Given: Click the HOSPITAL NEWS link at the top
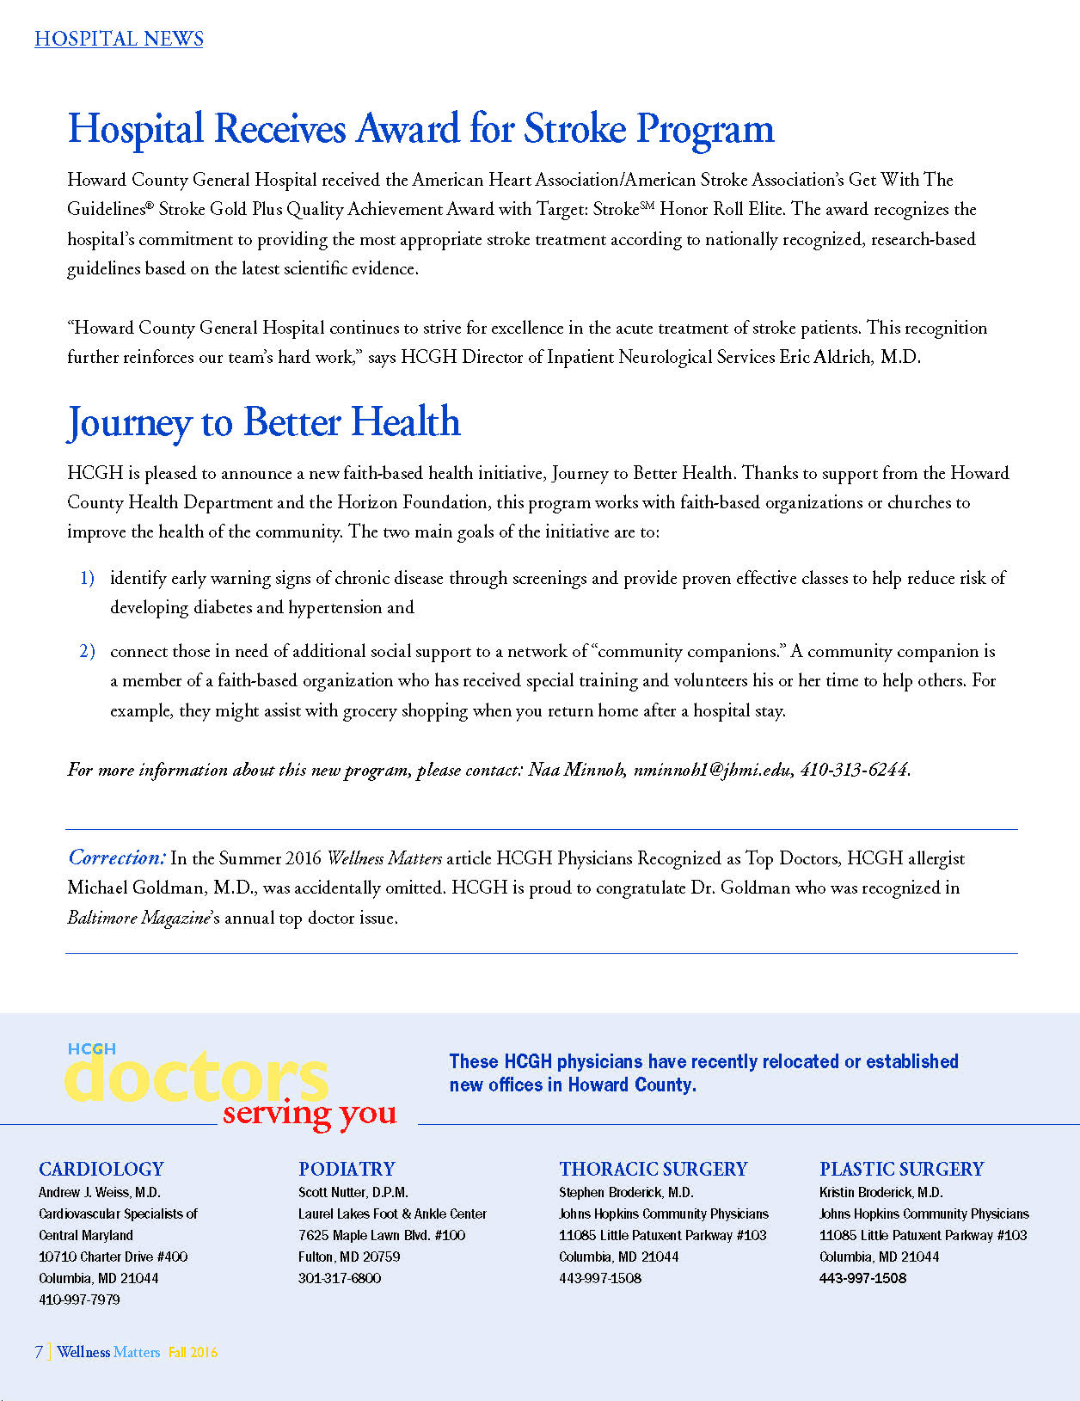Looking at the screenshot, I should tap(119, 39).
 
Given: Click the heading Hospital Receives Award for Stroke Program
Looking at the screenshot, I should tap(420, 129).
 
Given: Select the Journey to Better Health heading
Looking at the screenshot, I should tap(264, 422).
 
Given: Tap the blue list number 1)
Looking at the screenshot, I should tap(87, 578).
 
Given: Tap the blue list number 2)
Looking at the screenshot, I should tap(87, 651).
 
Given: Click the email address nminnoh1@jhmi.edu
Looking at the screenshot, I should tap(712, 770).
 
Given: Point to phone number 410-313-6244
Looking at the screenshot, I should tap(854, 770).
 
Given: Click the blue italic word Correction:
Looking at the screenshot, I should tap(116, 857).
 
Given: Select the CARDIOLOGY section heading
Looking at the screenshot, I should tap(101, 1169).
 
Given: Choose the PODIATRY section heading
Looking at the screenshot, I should tap(347, 1169).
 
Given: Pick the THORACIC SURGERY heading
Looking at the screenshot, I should tap(653, 1169).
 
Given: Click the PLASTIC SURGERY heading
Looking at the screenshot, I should tap(901, 1169).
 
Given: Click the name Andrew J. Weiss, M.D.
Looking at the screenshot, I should tap(100, 1192).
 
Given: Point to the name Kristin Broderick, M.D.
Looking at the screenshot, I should tap(881, 1192).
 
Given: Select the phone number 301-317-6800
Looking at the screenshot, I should tap(340, 1278).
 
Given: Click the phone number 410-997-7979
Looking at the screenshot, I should tap(79, 1300).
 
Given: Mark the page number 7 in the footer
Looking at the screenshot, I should tap(39, 1352).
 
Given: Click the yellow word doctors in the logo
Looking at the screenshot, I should tap(196, 1077).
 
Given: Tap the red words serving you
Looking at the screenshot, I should tap(310, 1113).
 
